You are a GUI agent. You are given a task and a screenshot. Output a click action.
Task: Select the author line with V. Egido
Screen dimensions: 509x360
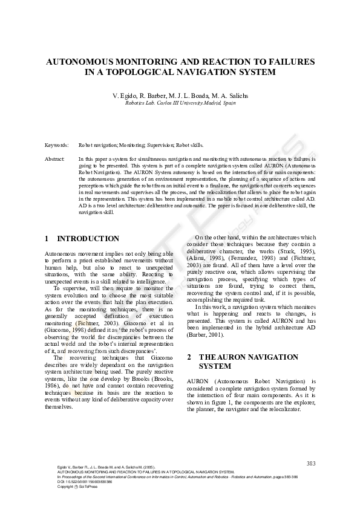click(180, 96)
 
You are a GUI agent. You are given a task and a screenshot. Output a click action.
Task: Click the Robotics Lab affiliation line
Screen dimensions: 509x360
click(180, 103)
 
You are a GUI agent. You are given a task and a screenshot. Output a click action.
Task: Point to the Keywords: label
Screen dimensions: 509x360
click(57, 146)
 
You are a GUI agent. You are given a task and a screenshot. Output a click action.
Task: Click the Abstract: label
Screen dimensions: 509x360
click(55, 158)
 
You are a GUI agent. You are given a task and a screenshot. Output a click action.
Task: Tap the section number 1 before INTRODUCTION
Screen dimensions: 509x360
click(47, 239)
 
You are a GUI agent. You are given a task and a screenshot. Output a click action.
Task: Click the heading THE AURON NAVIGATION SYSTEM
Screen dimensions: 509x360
click(248, 361)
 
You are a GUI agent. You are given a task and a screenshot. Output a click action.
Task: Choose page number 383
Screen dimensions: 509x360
click(311, 463)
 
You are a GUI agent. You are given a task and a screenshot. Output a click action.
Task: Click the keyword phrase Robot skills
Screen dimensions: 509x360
click(190, 146)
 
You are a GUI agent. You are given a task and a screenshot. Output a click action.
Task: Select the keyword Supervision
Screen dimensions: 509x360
click(157, 146)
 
